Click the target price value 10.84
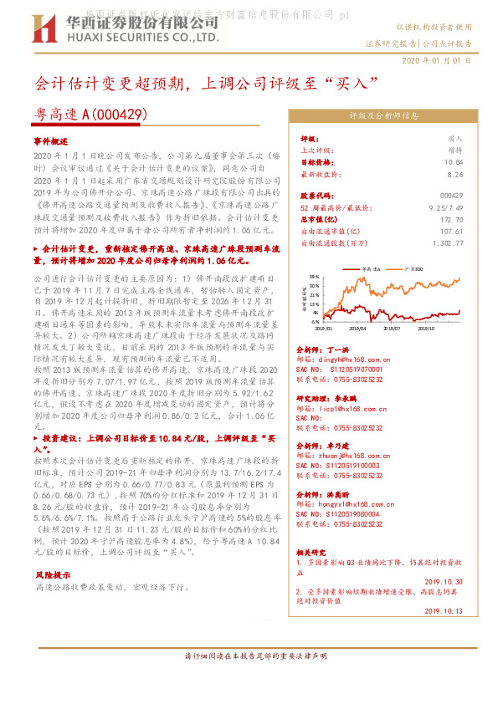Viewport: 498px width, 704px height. pyautogui.click(x=454, y=162)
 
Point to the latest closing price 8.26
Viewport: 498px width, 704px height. pyautogui.click(x=455, y=175)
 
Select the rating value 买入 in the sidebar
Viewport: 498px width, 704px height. pyautogui.click(x=455, y=138)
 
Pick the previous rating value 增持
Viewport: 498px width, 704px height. pyautogui.click(x=455, y=150)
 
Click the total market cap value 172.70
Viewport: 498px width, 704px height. pyautogui.click(x=452, y=217)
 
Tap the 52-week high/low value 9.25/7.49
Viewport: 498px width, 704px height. pyautogui.click(x=446, y=205)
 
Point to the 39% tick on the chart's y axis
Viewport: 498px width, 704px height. pyautogui.click(x=314, y=275)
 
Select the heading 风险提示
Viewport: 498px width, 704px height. pyautogui.click(x=53, y=574)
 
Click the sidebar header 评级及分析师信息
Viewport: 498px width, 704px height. pyautogui.click(x=383, y=115)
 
